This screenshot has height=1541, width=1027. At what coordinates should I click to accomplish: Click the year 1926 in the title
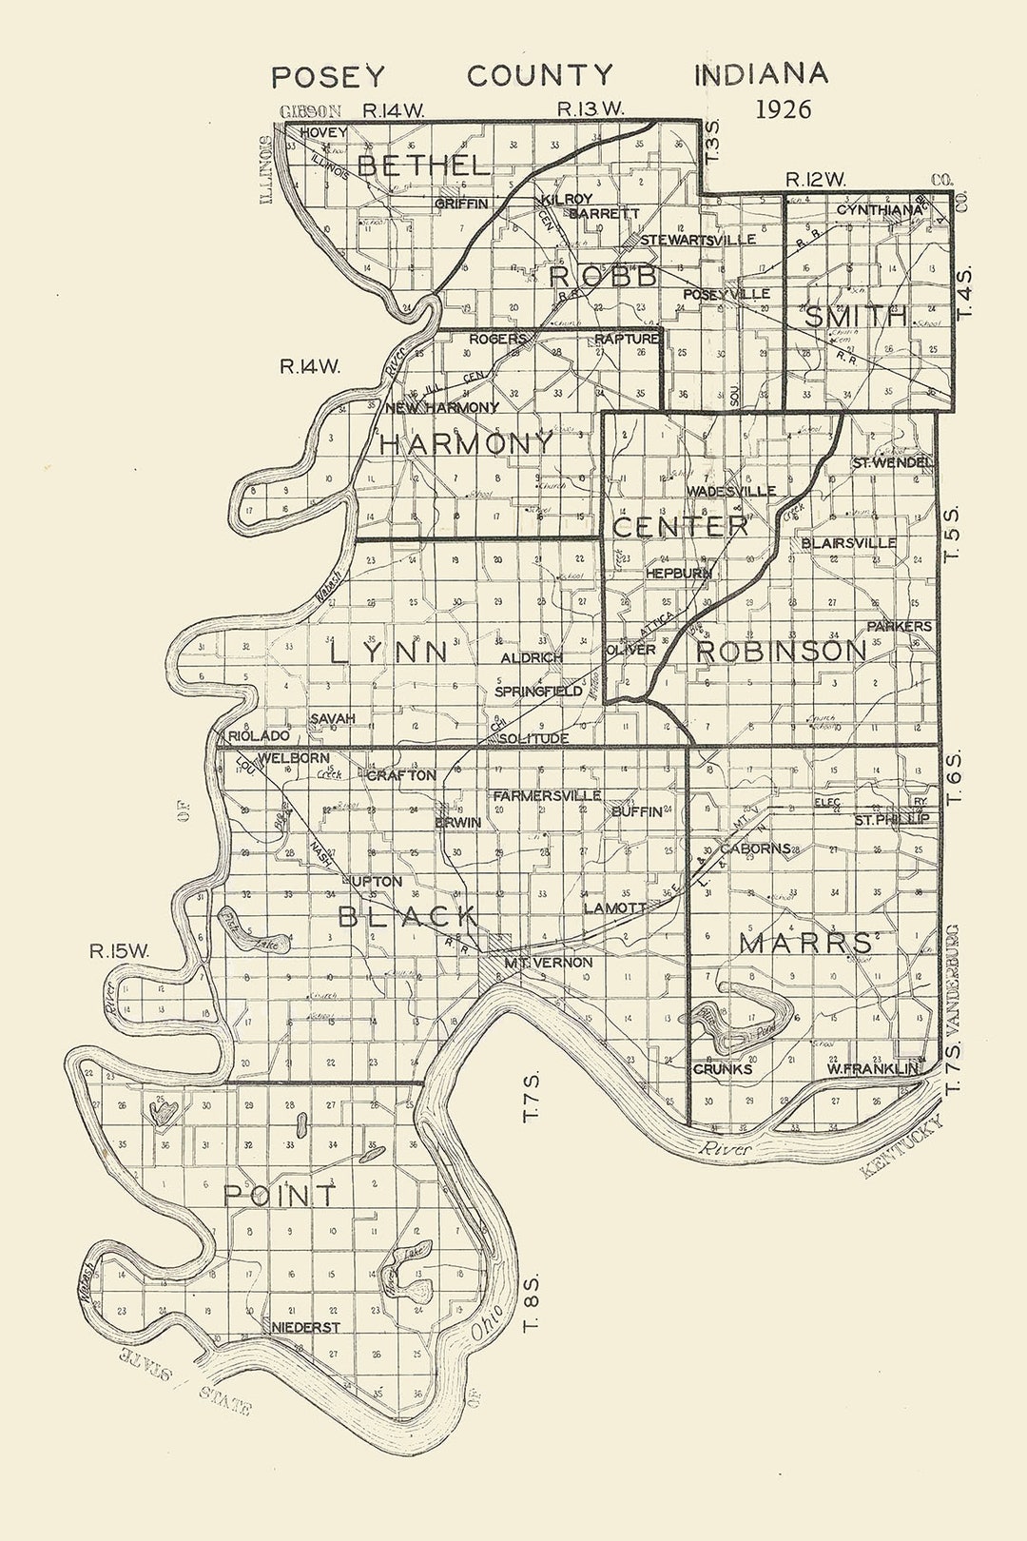pyautogui.click(x=784, y=108)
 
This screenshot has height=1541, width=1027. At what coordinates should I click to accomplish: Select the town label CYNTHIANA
pyautogui.click(x=880, y=209)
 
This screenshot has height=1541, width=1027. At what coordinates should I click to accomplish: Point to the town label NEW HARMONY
pyautogui.click(x=442, y=408)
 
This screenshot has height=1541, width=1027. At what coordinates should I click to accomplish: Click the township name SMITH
pyautogui.click(x=856, y=317)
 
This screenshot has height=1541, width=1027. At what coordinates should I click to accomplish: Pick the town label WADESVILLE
pyautogui.click(x=730, y=492)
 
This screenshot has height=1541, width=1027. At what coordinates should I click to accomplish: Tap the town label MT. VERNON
pyautogui.click(x=548, y=963)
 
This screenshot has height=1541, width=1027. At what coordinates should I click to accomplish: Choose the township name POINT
pyautogui.click(x=280, y=1195)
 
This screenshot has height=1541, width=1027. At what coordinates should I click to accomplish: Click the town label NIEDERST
pyautogui.click(x=305, y=1327)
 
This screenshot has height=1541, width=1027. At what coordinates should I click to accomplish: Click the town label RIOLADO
pyautogui.click(x=259, y=736)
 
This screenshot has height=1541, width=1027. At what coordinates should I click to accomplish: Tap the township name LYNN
pyautogui.click(x=389, y=653)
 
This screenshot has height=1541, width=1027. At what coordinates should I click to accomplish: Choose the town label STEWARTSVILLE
pyautogui.click(x=698, y=240)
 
